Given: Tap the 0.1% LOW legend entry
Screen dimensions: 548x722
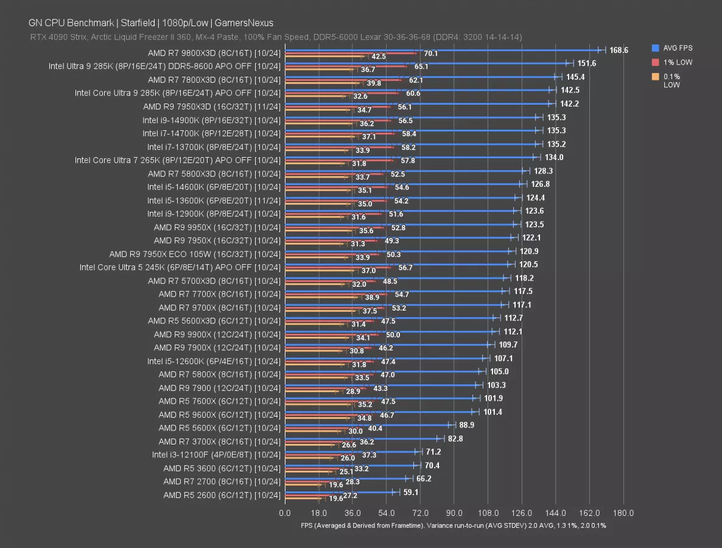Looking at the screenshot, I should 671,80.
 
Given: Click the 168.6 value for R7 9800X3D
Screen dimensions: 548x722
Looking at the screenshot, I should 619,51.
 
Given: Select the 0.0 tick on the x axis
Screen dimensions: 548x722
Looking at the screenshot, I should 284,513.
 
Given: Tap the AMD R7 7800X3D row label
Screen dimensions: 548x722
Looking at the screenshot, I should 214,80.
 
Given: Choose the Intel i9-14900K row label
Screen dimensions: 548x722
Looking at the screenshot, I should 211,120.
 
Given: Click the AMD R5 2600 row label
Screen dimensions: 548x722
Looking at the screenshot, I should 222,495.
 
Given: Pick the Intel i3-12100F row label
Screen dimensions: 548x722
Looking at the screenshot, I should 216,455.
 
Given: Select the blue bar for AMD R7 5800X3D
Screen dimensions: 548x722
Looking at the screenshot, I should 405,171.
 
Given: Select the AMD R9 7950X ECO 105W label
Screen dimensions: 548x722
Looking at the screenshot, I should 195,254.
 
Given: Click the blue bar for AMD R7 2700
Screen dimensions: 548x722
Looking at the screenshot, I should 346,479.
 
